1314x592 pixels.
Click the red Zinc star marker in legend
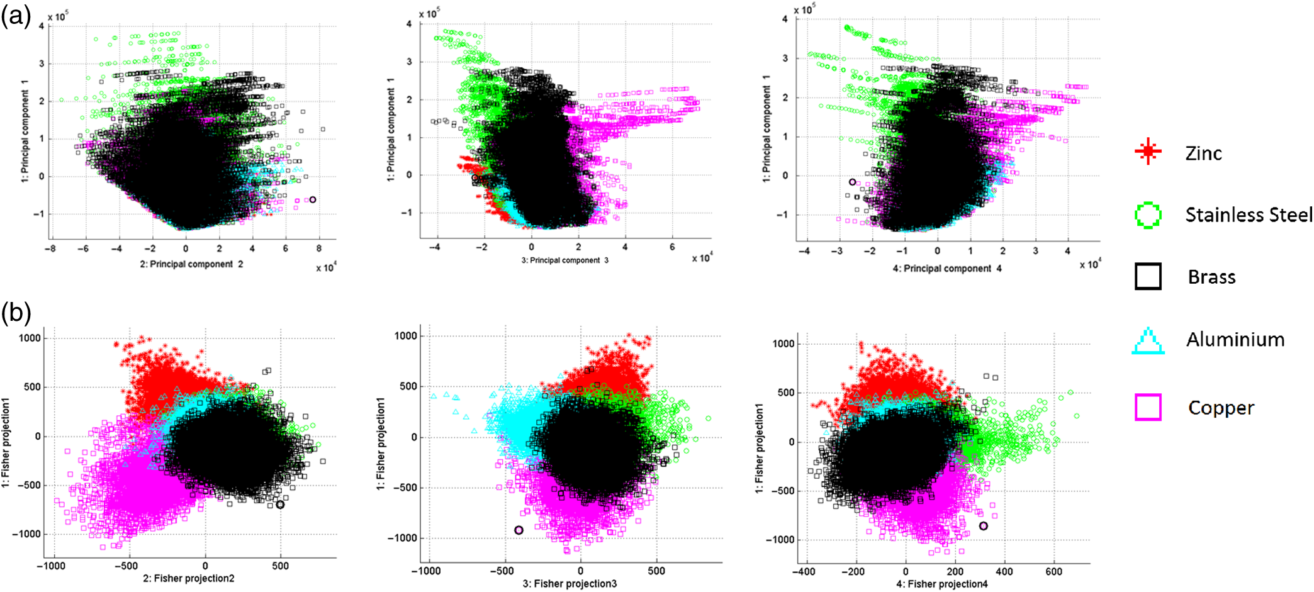(x=1148, y=152)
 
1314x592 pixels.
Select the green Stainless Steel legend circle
(x=1148, y=215)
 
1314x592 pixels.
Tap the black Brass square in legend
(x=1148, y=276)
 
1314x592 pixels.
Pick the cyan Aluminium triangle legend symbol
(x=1148, y=341)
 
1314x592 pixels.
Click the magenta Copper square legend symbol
(x=1148, y=407)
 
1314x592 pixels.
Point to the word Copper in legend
(x=1221, y=408)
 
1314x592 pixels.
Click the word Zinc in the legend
(x=1203, y=153)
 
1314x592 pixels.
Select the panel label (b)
(x=16, y=313)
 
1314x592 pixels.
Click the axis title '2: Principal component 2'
(x=191, y=264)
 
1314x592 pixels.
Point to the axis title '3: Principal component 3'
(x=564, y=260)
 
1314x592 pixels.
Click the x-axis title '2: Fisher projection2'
(x=188, y=578)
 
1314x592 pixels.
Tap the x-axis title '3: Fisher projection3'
(x=570, y=584)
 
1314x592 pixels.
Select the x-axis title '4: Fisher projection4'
(x=941, y=584)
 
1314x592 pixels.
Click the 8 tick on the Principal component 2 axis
(x=319, y=249)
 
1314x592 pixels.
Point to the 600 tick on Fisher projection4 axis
(x=1053, y=571)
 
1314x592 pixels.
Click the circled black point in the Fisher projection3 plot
(x=519, y=530)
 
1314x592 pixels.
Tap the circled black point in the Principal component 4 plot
(x=852, y=182)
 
